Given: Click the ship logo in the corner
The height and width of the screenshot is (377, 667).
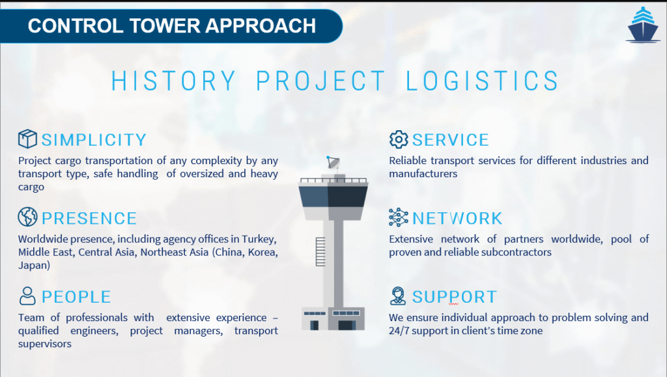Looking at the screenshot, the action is [643, 25].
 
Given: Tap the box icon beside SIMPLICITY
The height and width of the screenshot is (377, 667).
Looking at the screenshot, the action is [27, 139].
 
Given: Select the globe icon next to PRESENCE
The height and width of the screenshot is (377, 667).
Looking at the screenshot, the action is [27, 217].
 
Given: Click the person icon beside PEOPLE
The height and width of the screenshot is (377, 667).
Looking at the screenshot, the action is [27, 296].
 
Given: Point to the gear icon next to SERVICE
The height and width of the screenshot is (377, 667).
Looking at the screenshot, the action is [399, 139].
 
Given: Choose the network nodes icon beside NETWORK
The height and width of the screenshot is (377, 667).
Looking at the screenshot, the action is [399, 217].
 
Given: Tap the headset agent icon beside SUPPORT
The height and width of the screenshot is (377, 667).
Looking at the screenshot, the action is [398, 296].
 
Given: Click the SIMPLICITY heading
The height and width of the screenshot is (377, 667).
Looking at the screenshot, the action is [94, 140].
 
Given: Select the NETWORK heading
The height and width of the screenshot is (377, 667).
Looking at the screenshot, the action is [457, 219].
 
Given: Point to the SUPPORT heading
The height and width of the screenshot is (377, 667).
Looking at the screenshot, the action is [454, 297].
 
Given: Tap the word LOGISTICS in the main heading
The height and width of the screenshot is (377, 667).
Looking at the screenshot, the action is [482, 81].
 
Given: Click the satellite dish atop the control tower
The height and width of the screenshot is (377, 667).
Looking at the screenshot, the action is [333, 162].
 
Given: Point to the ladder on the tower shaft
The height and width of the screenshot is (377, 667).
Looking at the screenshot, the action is [320, 252].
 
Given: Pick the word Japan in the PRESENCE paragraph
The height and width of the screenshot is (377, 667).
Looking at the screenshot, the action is [34, 266].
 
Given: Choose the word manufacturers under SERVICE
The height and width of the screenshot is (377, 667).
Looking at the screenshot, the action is [423, 173].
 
